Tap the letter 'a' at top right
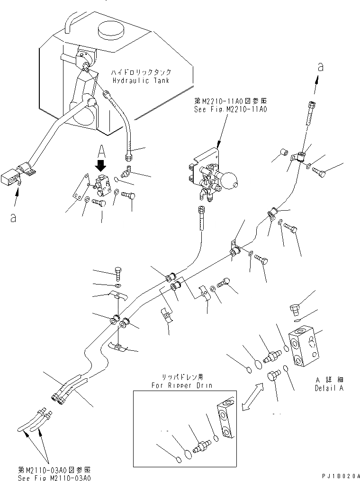coord(321,67)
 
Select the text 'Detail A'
coord(329,388)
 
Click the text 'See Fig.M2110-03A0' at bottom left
coord(54,477)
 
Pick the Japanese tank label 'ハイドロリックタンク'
coord(141,73)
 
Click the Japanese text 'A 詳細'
coord(328,380)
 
